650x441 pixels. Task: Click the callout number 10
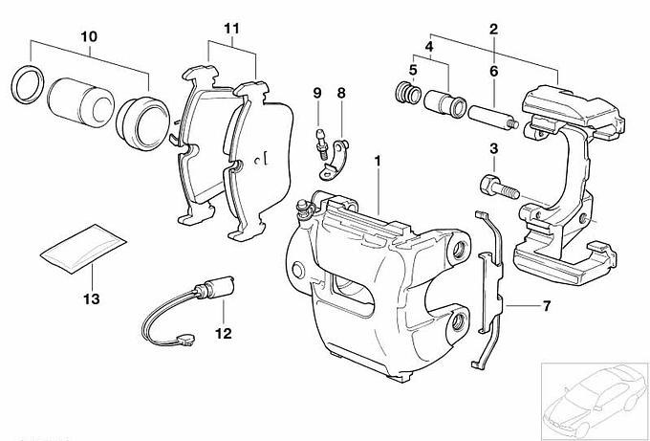click(89, 36)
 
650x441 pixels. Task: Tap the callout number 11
click(231, 29)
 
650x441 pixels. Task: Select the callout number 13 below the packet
click(92, 298)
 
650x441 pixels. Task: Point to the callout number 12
click(224, 333)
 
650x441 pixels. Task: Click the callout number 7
click(547, 306)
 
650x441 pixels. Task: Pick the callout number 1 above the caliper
click(378, 161)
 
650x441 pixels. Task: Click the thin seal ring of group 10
click(28, 84)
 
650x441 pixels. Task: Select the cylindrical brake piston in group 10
click(81, 102)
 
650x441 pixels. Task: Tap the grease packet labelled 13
click(83, 249)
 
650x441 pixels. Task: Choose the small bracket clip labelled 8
click(335, 161)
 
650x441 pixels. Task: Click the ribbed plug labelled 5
click(408, 93)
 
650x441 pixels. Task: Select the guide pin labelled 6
click(493, 118)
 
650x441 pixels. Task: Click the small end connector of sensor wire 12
click(184, 340)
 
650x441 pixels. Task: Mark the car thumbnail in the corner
click(595, 399)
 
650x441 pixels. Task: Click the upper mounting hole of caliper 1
click(459, 249)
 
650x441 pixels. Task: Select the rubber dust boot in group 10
click(143, 123)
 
